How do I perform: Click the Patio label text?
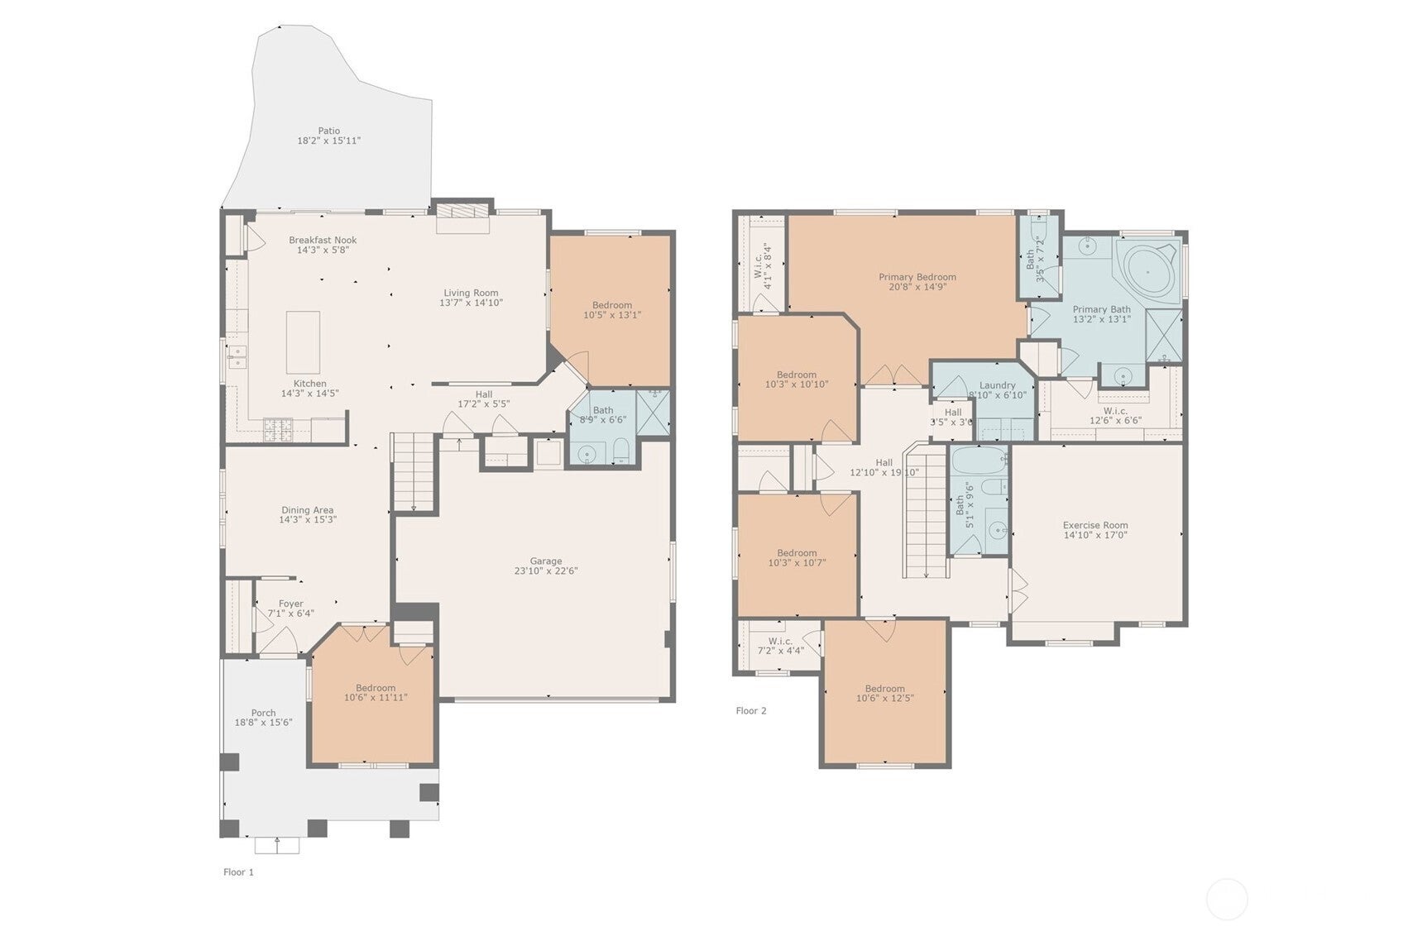coord(328,131)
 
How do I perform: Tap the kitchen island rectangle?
coord(303,342)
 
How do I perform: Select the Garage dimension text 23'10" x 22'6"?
coord(545,571)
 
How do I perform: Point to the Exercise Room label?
coord(1094,525)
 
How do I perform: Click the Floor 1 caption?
coord(238,872)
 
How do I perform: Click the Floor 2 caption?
coord(751,711)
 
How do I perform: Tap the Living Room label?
coord(471,293)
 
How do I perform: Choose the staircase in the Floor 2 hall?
coord(924,513)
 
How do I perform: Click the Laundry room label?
coord(997,385)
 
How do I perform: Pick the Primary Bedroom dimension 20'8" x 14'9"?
coord(917,288)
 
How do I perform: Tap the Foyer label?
coord(290,604)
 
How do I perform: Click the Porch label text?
coord(263,713)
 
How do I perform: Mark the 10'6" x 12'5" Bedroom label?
coord(884,689)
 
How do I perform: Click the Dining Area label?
coord(307,510)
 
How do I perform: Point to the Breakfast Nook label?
coord(323,240)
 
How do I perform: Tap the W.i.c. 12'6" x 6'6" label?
coord(1115,411)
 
